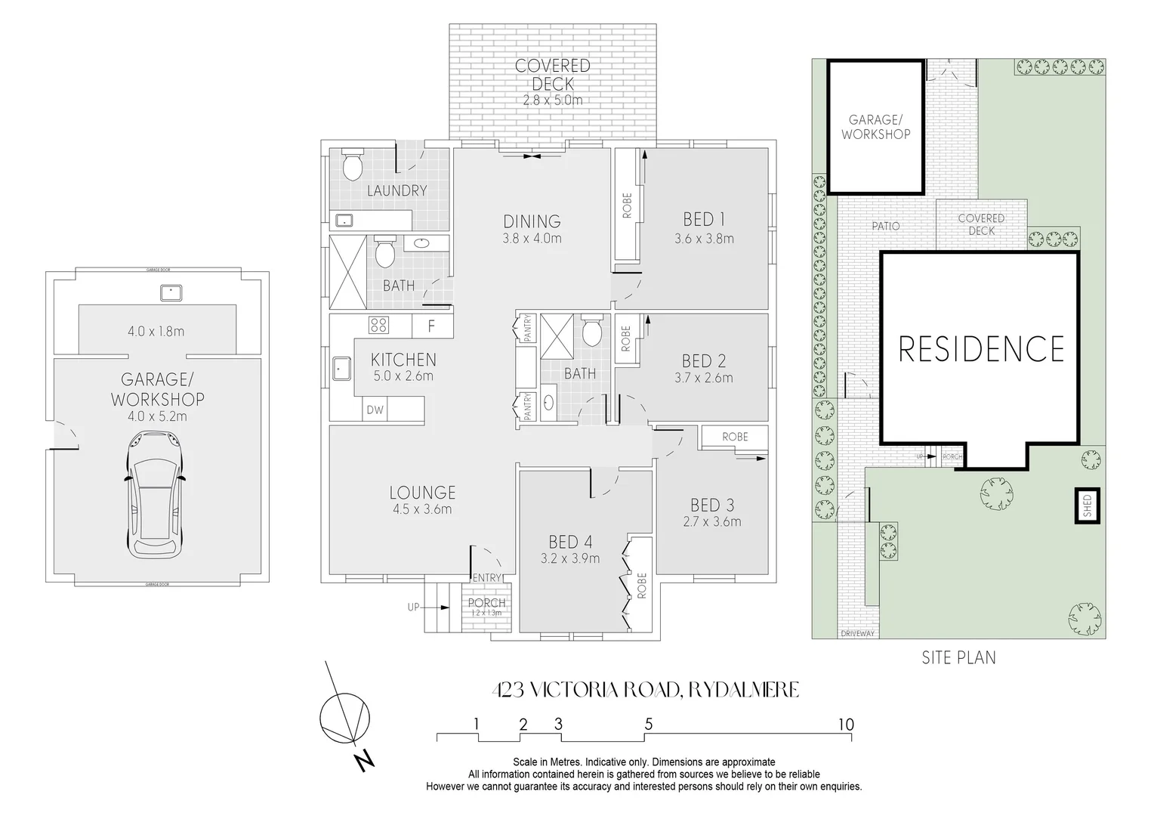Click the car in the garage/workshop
[x=156, y=494]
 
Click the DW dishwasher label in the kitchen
[x=375, y=410]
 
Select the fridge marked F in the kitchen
[x=432, y=327]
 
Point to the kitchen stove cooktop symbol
[x=378, y=326]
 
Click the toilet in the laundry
[x=353, y=165]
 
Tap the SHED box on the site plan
[x=1087, y=505]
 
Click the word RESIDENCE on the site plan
[x=981, y=349]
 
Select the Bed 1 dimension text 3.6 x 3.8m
[x=704, y=239]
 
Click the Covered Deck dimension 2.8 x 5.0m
[x=553, y=100]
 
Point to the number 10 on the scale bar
[x=845, y=725]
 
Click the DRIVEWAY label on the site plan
[x=857, y=633]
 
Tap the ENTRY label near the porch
[x=487, y=578]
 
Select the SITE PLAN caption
[x=958, y=657]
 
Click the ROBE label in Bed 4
[x=641, y=585]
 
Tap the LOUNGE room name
[x=422, y=493]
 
